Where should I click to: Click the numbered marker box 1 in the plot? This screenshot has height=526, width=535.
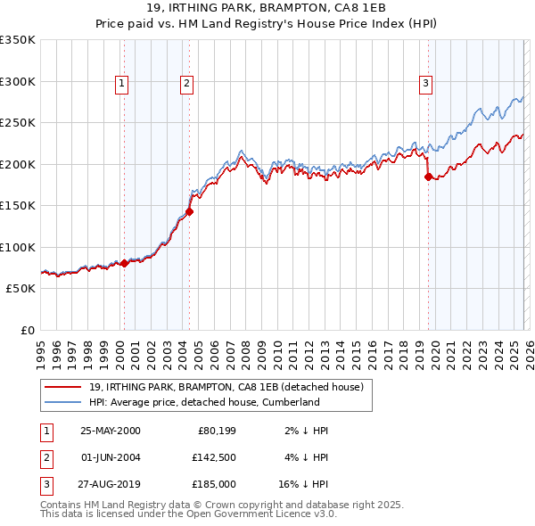click(x=121, y=84)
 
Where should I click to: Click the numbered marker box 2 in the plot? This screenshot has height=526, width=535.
click(x=186, y=84)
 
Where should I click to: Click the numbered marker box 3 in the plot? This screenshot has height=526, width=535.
click(x=425, y=84)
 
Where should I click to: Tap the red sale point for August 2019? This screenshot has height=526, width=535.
click(x=428, y=177)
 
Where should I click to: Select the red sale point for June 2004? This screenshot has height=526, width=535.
click(x=189, y=212)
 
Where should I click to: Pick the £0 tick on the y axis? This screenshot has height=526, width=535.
click(x=27, y=331)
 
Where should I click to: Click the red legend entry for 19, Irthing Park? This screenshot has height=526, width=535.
click(x=226, y=388)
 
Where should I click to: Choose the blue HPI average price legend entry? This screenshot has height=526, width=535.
click(x=203, y=402)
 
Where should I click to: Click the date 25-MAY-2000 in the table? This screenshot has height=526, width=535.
click(x=110, y=431)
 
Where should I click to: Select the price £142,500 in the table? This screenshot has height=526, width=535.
click(x=213, y=457)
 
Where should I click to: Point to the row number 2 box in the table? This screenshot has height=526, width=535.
click(x=45, y=457)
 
